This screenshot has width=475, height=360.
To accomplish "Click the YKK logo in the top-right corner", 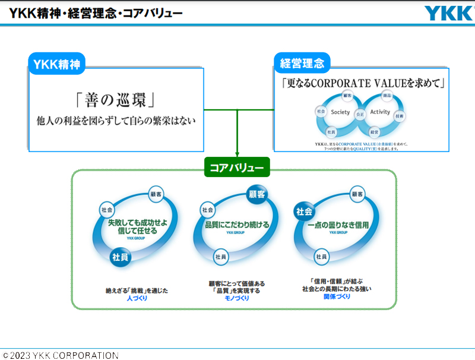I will [x=448, y=13].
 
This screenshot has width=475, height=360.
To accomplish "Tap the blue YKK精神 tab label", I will [x=57, y=64].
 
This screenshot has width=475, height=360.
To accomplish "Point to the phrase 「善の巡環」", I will [x=116, y=99].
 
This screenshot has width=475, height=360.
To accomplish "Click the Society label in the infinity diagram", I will [x=341, y=112].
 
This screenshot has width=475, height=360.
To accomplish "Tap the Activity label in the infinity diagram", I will [x=380, y=112].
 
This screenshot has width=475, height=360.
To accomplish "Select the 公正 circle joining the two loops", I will [x=360, y=113].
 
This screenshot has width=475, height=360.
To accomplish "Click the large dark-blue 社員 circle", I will [x=121, y=257].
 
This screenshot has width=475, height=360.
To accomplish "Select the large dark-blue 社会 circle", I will [x=305, y=211].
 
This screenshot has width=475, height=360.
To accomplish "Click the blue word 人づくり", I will [x=137, y=298].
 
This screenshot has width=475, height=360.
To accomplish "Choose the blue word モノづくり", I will [x=237, y=298].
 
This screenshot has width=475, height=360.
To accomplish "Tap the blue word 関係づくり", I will [x=337, y=296].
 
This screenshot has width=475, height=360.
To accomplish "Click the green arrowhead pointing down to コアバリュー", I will [x=237, y=154].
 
